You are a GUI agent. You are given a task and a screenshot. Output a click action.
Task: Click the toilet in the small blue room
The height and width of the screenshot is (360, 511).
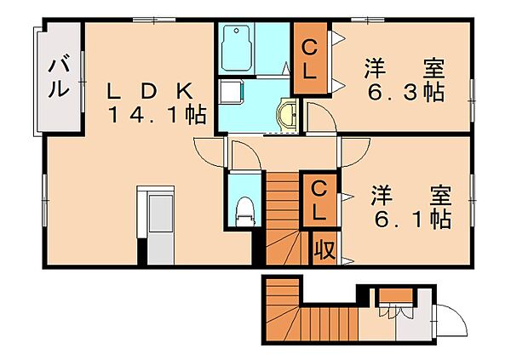[245, 211]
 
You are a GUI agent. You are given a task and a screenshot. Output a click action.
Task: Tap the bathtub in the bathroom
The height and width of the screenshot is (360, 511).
[237, 49]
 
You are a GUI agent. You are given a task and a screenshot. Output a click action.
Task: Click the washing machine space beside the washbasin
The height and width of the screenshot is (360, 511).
[231, 91]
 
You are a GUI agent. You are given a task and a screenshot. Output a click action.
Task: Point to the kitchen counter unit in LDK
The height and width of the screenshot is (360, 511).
[156, 226]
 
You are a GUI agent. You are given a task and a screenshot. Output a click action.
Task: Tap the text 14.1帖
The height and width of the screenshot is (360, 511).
[158, 115]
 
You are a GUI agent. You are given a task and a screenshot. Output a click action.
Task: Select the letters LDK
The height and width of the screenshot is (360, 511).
[150, 91]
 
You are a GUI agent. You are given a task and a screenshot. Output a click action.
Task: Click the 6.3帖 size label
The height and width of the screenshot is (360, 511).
[405, 92]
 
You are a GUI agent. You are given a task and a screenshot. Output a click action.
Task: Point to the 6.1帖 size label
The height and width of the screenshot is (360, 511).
[412, 220]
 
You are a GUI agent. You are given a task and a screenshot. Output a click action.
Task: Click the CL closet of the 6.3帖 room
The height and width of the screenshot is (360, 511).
[311, 59]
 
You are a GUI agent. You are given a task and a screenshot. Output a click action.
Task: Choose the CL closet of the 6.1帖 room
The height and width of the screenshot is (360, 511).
[318, 200]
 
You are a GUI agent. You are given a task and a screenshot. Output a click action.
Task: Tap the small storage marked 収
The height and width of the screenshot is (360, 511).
[324, 249]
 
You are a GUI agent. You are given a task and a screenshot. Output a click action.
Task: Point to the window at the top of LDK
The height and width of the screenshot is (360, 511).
[154, 20]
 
